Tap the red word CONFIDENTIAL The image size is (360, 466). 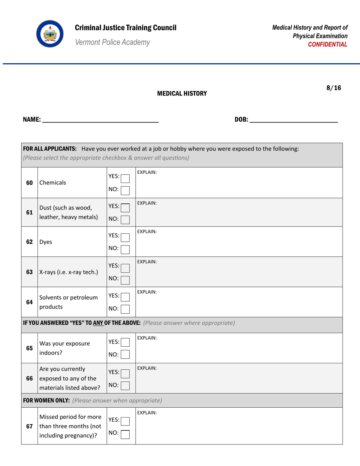tap(328, 44)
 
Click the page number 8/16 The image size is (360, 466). tap(333, 88)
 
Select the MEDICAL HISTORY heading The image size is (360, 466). tap(182, 94)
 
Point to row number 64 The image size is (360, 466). tap(29, 302)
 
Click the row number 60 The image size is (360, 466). tap(29, 183)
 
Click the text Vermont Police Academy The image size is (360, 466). tap(112, 42)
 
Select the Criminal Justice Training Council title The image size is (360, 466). tap(125, 28)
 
